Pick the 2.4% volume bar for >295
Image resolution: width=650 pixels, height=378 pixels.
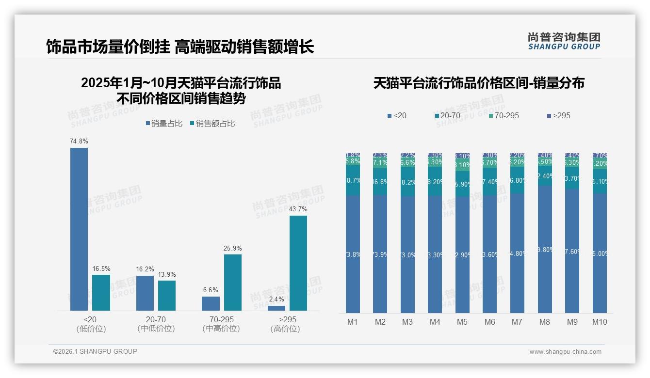276,308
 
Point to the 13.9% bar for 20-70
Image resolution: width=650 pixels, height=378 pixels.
167,295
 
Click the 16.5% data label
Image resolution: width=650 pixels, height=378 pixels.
101,268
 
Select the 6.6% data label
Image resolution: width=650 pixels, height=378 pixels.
211,290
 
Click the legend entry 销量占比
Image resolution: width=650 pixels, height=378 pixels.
163,124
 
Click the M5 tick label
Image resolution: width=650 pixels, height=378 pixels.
462,322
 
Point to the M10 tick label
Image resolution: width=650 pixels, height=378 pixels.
600,322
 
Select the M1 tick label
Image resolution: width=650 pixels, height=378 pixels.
353,322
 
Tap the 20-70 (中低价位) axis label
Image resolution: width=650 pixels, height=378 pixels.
156,324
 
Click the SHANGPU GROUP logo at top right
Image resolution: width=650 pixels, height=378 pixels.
564,41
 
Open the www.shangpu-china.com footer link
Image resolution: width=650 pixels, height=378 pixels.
565,352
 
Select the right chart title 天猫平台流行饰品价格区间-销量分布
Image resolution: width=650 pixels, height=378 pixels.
479,83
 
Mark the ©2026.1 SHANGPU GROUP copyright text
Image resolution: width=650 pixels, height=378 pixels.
95,351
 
